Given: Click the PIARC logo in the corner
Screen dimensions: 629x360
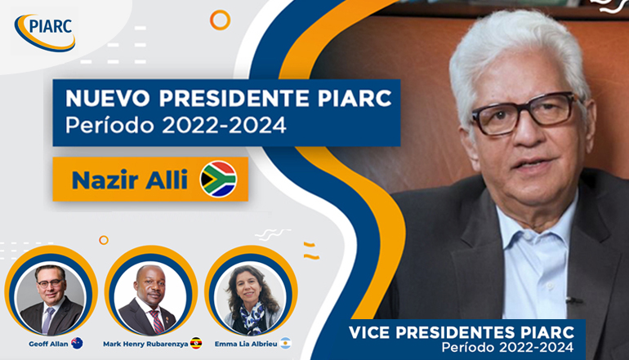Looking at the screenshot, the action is (45, 33).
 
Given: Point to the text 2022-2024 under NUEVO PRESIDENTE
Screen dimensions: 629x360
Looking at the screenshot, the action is (224, 126).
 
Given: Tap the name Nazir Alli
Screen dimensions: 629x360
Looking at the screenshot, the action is (130, 180).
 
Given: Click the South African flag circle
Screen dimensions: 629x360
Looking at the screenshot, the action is (218, 179).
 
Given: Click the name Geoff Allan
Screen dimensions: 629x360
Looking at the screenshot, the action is (48, 344).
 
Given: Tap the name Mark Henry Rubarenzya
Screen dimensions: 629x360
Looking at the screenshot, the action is (145, 344).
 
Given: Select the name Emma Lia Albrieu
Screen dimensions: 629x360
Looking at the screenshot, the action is (246, 344).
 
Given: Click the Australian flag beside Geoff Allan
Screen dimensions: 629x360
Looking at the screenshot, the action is (77, 343).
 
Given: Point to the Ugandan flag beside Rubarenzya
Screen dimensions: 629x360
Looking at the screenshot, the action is (196, 343).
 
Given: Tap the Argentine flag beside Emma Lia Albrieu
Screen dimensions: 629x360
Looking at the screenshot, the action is (285, 343).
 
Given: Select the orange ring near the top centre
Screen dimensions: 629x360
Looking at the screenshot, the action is (221, 20).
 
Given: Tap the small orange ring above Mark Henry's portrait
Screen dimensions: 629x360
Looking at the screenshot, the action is (104, 240).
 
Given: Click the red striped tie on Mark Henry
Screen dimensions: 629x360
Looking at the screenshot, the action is (157, 322).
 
